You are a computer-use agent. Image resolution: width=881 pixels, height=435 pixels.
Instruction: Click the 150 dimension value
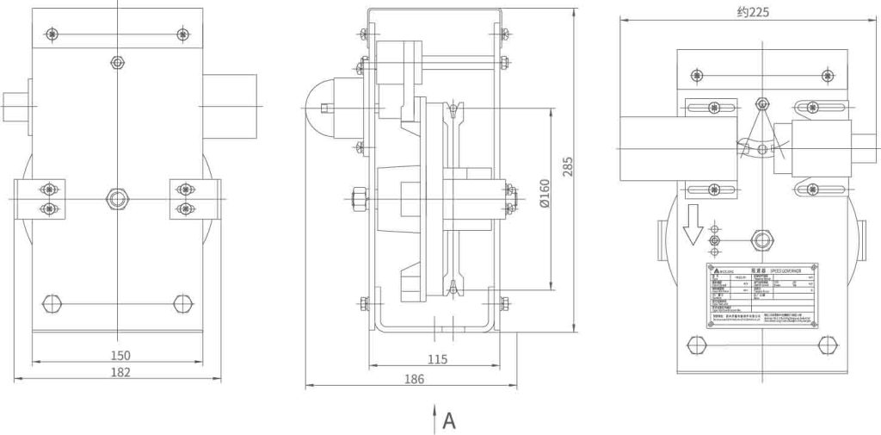click(120, 355)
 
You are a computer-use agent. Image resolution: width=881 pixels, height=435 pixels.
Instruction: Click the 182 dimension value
click(120, 372)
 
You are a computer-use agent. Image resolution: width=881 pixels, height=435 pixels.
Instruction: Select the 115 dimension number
click(437, 360)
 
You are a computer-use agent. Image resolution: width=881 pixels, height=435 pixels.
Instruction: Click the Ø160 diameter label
click(544, 199)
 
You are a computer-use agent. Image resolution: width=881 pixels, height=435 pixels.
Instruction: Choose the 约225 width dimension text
click(752, 12)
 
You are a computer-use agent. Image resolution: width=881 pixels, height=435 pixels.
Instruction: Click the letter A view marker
click(449, 421)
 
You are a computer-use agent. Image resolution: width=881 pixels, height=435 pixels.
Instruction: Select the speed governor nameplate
click(762, 296)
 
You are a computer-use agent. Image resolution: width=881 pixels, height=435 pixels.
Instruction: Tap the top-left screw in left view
click(52, 34)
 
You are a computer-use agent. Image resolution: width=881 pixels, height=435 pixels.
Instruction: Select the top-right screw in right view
click(829, 76)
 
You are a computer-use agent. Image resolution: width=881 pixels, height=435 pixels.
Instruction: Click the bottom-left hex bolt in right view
click(696, 345)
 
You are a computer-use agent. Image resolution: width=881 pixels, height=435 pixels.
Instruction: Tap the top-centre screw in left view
click(117, 63)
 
